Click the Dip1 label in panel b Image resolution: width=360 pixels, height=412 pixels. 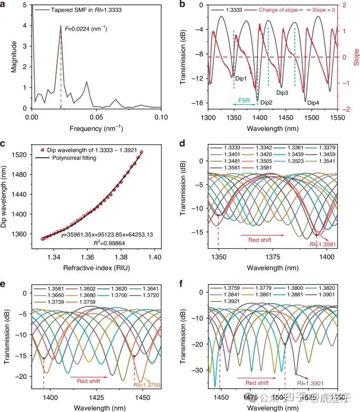pos(241,77)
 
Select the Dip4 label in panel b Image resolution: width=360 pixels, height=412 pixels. pos(313,103)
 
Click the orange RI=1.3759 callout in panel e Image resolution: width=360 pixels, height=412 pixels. pos(149,385)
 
